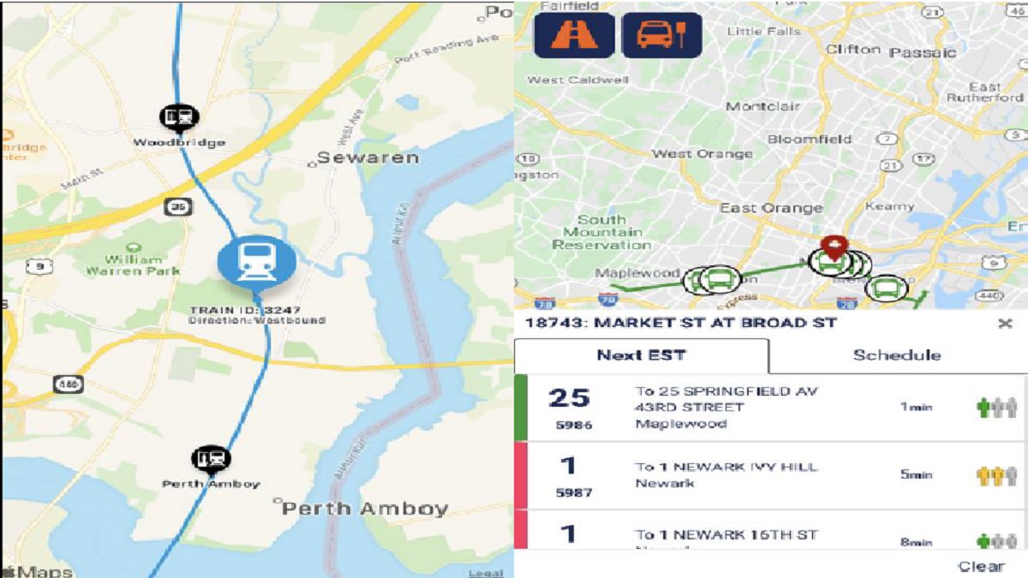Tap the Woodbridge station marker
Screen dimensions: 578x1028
[x=180, y=117]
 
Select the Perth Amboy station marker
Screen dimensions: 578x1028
[x=211, y=460]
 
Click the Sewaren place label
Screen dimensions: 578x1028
[x=368, y=158]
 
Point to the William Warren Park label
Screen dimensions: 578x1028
[x=133, y=265]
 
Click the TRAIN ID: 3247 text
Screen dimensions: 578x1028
[x=245, y=309]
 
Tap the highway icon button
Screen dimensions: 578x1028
[x=573, y=35]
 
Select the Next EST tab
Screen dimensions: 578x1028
[x=641, y=355]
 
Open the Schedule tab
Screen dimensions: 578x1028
[x=896, y=355]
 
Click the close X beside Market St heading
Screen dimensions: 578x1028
[x=1005, y=323]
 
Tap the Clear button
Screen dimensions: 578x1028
[x=981, y=566]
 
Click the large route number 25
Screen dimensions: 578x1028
[x=570, y=398]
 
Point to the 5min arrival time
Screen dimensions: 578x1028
[x=916, y=474]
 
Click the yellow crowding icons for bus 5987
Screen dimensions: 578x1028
[x=997, y=475]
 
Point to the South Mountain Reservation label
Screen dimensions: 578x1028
[x=601, y=232]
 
